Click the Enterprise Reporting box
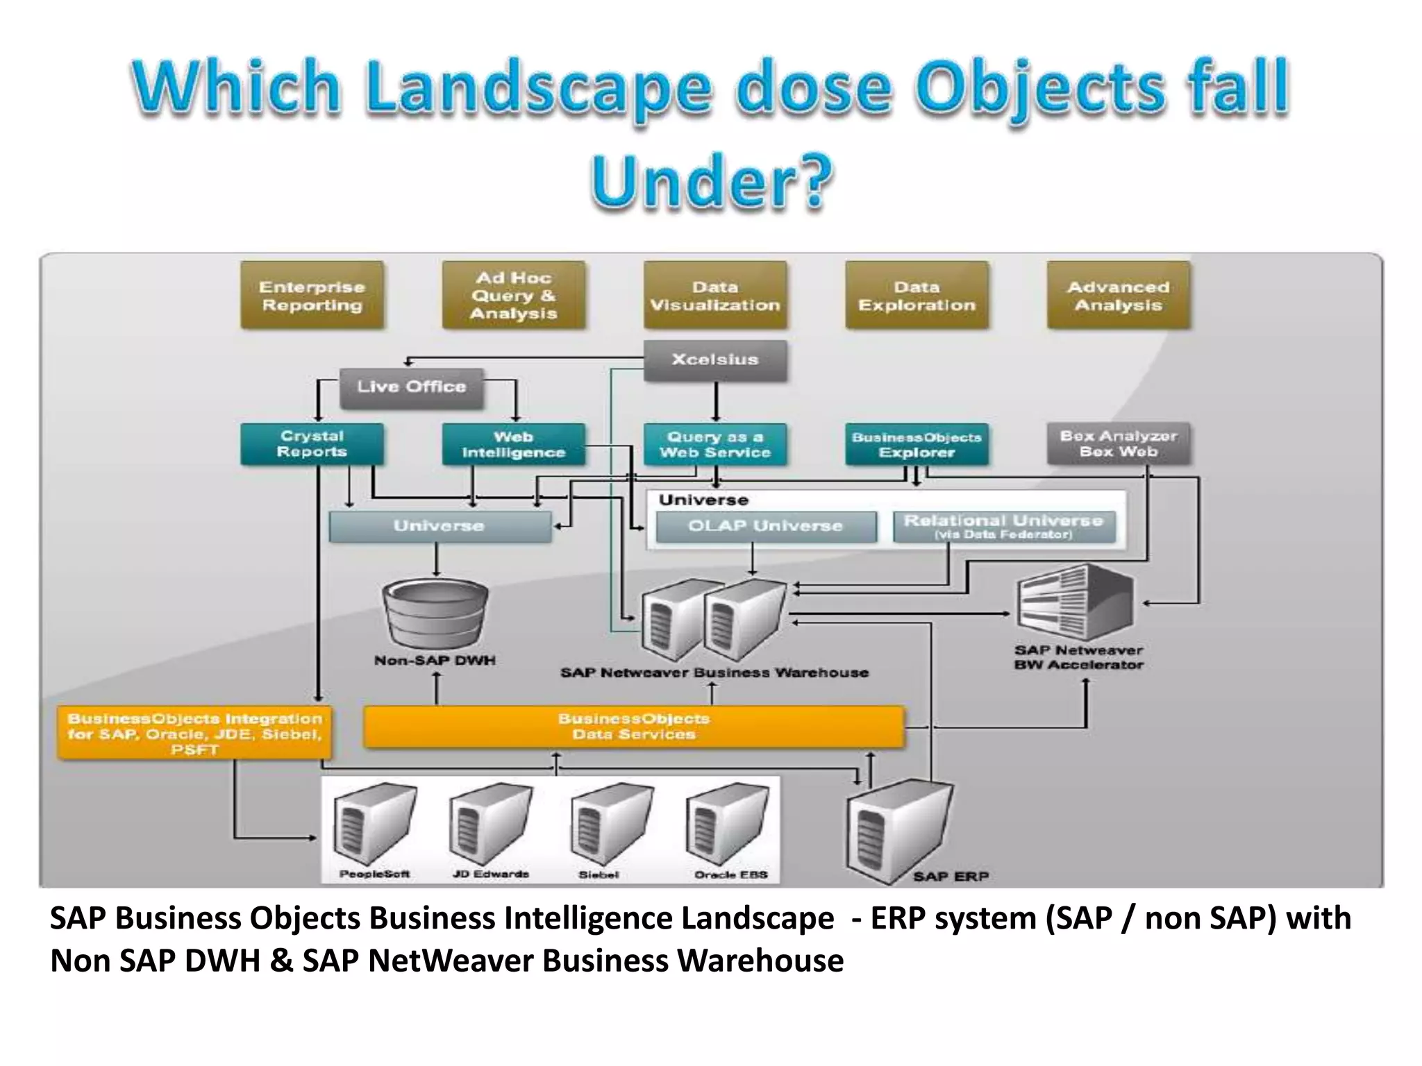(x=312, y=296)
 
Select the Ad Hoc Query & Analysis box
(x=513, y=296)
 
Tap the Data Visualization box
(x=715, y=296)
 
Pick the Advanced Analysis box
(x=1118, y=296)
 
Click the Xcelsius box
(x=715, y=359)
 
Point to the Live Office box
(x=411, y=387)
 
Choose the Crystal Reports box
(x=312, y=444)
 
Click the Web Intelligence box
(x=513, y=444)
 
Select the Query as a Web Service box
(x=715, y=444)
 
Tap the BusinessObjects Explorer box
(x=917, y=444)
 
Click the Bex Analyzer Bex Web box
(x=1118, y=444)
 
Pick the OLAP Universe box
(x=765, y=526)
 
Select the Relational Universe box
(x=1003, y=526)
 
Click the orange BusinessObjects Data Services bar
(x=633, y=727)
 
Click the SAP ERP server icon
(x=899, y=829)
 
